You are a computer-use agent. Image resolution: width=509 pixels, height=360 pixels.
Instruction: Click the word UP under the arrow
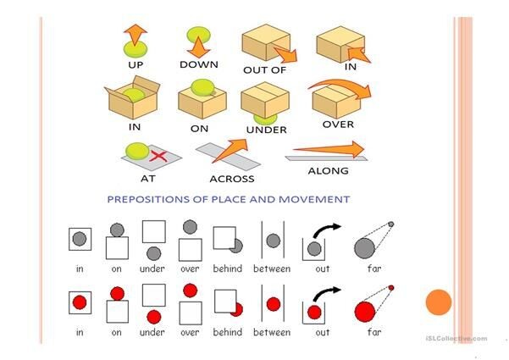coord(135,64)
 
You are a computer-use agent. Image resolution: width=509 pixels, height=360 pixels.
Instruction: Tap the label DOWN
coord(199,64)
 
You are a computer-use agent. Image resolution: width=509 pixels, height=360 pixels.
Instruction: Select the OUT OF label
coord(266,69)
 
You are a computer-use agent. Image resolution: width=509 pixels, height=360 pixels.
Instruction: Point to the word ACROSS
coord(232,179)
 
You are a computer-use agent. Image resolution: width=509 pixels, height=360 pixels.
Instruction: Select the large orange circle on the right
coord(438,303)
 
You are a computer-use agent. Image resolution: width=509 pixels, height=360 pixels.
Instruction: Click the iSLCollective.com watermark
coord(456,339)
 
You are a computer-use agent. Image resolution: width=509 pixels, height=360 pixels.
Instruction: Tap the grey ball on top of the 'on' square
coord(116,229)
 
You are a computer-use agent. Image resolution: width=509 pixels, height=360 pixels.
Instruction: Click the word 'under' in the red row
coord(152,333)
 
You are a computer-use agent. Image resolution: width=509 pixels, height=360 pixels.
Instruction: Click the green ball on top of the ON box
coord(202,86)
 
